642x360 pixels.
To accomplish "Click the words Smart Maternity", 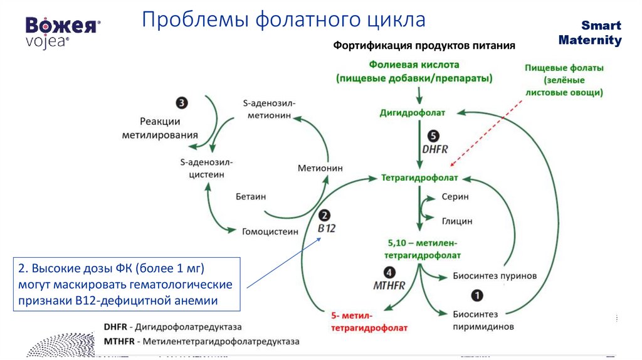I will (x=590, y=33).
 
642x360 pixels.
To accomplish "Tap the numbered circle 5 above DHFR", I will (x=433, y=135).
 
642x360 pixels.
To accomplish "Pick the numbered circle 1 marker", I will (x=476, y=295).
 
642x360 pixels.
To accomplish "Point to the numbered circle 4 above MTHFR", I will (x=389, y=272).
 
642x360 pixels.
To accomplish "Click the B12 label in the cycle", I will (x=326, y=229).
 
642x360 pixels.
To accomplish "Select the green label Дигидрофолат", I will (x=413, y=113).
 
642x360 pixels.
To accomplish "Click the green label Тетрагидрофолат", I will (x=419, y=178).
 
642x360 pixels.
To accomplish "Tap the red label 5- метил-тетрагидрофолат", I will (x=360, y=321).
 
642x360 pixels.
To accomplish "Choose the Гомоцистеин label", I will (x=270, y=231).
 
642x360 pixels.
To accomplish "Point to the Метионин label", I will (x=320, y=168).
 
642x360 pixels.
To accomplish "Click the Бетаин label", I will (x=251, y=196).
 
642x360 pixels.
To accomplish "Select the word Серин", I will (x=455, y=196).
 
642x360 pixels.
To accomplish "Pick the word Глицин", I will (x=457, y=221).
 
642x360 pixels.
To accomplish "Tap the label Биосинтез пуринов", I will (x=495, y=276).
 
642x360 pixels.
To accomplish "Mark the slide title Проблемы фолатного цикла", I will (x=283, y=19).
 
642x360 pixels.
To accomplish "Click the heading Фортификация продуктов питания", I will (x=424, y=46).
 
